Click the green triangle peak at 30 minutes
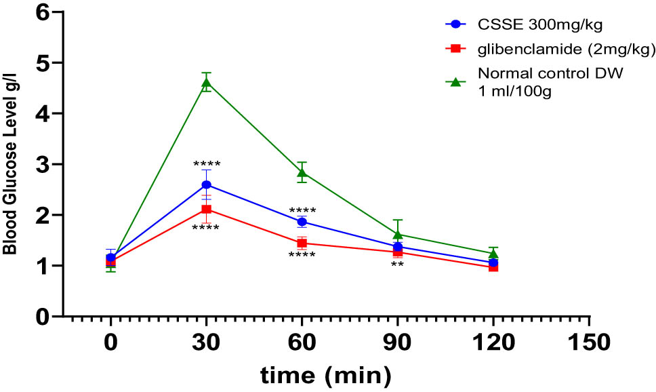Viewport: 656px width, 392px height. (x=206, y=83)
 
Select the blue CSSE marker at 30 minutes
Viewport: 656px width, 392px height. (x=206, y=184)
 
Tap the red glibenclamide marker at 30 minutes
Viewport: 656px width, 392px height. (x=206, y=209)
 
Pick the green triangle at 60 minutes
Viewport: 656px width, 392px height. (x=302, y=172)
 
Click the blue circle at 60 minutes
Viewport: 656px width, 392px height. (x=302, y=222)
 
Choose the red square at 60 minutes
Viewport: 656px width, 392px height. (x=302, y=243)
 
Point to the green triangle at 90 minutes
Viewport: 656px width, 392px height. (x=398, y=234)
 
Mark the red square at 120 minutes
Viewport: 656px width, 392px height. (x=493, y=267)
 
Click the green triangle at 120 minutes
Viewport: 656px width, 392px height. (x=493, y=253)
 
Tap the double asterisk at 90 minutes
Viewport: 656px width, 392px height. (x=397, y=265)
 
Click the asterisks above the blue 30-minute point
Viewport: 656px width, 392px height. (x=206, y=165)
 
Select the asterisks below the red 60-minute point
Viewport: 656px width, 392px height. (x=302, y=256)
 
